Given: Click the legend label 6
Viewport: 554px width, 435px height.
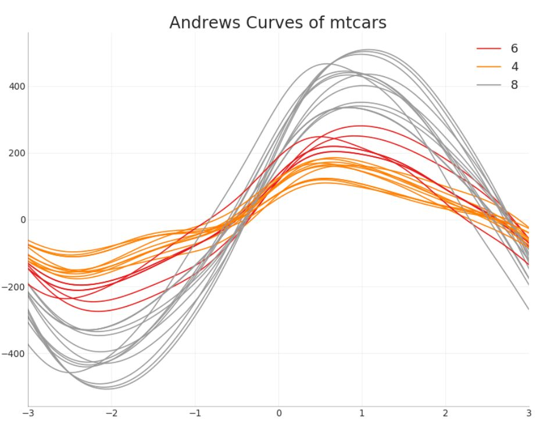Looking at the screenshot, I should point(514,48).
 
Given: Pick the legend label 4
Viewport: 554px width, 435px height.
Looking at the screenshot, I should point(514,66).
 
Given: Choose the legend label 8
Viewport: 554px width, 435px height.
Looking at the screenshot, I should point(514,85).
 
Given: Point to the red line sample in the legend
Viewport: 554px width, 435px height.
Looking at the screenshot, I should point(488,48).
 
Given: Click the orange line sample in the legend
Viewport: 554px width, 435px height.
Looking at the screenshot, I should point(488,67).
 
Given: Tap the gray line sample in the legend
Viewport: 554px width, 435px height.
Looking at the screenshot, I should point(488,85).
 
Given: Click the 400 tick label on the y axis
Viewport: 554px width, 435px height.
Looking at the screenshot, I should point(16,87).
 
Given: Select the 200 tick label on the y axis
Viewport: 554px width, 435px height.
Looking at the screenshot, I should point(16,154).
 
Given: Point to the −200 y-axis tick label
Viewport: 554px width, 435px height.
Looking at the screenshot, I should point(13,287).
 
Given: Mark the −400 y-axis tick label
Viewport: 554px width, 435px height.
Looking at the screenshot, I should point(13,354).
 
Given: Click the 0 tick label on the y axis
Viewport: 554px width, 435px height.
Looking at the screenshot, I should point(23,220).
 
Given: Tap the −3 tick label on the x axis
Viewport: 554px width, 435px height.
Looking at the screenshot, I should point(26,413).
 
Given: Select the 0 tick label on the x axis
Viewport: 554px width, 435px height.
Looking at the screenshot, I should point(279,413).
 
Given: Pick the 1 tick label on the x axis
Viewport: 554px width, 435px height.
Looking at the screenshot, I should point(362,413).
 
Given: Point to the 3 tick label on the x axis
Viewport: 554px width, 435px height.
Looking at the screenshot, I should point(528,413).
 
